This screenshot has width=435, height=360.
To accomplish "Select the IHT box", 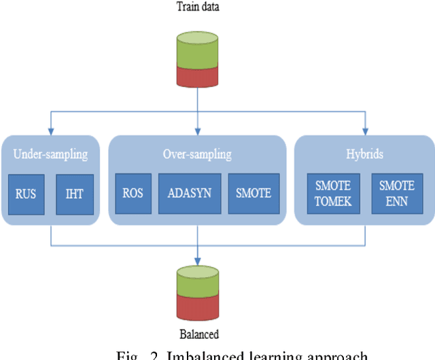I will [x=74, y=193].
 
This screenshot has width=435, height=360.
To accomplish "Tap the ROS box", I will [x=132, y=193].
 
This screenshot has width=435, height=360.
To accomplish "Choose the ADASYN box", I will [x=189, y=193].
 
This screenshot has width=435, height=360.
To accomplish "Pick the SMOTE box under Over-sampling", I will [x=252, y=193].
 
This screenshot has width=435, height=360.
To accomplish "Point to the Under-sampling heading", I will [x=51, y=154].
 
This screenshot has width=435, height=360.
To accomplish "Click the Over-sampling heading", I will [x=197, y=154].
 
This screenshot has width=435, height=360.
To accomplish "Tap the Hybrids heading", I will [x=364, y=154].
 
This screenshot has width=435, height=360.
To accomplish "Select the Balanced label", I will [x=197, y=334].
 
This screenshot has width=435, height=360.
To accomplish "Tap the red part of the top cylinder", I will [x=197, y=76].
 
